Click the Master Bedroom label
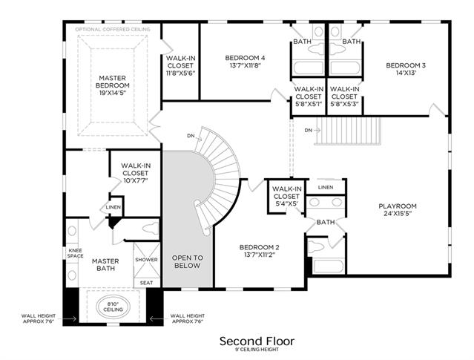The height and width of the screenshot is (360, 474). [x=113, y=82]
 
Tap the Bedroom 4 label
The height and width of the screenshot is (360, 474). [x=246, y=57]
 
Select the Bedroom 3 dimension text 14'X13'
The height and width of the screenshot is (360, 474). [x=406, y=73]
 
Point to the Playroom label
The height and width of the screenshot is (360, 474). [x=398, y=206]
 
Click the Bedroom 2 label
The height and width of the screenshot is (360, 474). [x=260, y=247]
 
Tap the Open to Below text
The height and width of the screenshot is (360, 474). [x=188, y=262]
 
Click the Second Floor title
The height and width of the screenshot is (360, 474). [x=257, y=341]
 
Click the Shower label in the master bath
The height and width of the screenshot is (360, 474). [x=146, y=260]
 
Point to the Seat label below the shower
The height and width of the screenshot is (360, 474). [x=146, y=283]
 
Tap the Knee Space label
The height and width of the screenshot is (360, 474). [x=75, y=253]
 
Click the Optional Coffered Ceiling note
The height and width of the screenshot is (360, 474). [x=113, y=30]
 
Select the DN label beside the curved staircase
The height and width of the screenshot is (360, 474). [x=191, y=136]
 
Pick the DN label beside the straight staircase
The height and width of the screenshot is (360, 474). [x=308, y=131]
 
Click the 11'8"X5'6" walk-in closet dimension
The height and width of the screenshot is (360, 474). [x=180, y=73]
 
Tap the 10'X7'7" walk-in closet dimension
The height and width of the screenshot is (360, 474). [x=136, y=180]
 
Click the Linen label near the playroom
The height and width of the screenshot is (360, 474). [x=326, y=187]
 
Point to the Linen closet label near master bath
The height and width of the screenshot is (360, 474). [x=113, y=207]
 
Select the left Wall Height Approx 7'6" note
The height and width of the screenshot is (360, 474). [x=39, y=318]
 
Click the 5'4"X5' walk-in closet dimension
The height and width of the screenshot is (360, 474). [x=286, y=203]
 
